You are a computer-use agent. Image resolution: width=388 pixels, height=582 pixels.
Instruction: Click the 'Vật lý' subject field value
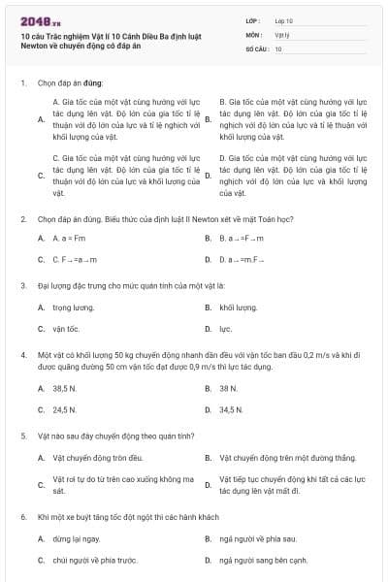(x=281, y=34)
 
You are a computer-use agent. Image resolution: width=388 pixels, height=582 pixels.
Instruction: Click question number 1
(x=22, y=83)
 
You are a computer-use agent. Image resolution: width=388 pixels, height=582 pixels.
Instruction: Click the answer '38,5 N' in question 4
(x=65, y=388)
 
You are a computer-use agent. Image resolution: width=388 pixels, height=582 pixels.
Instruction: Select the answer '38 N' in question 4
(x=228, y=388)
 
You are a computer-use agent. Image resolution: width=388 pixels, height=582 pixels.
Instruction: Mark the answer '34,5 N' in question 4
(x=231, y=409)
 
